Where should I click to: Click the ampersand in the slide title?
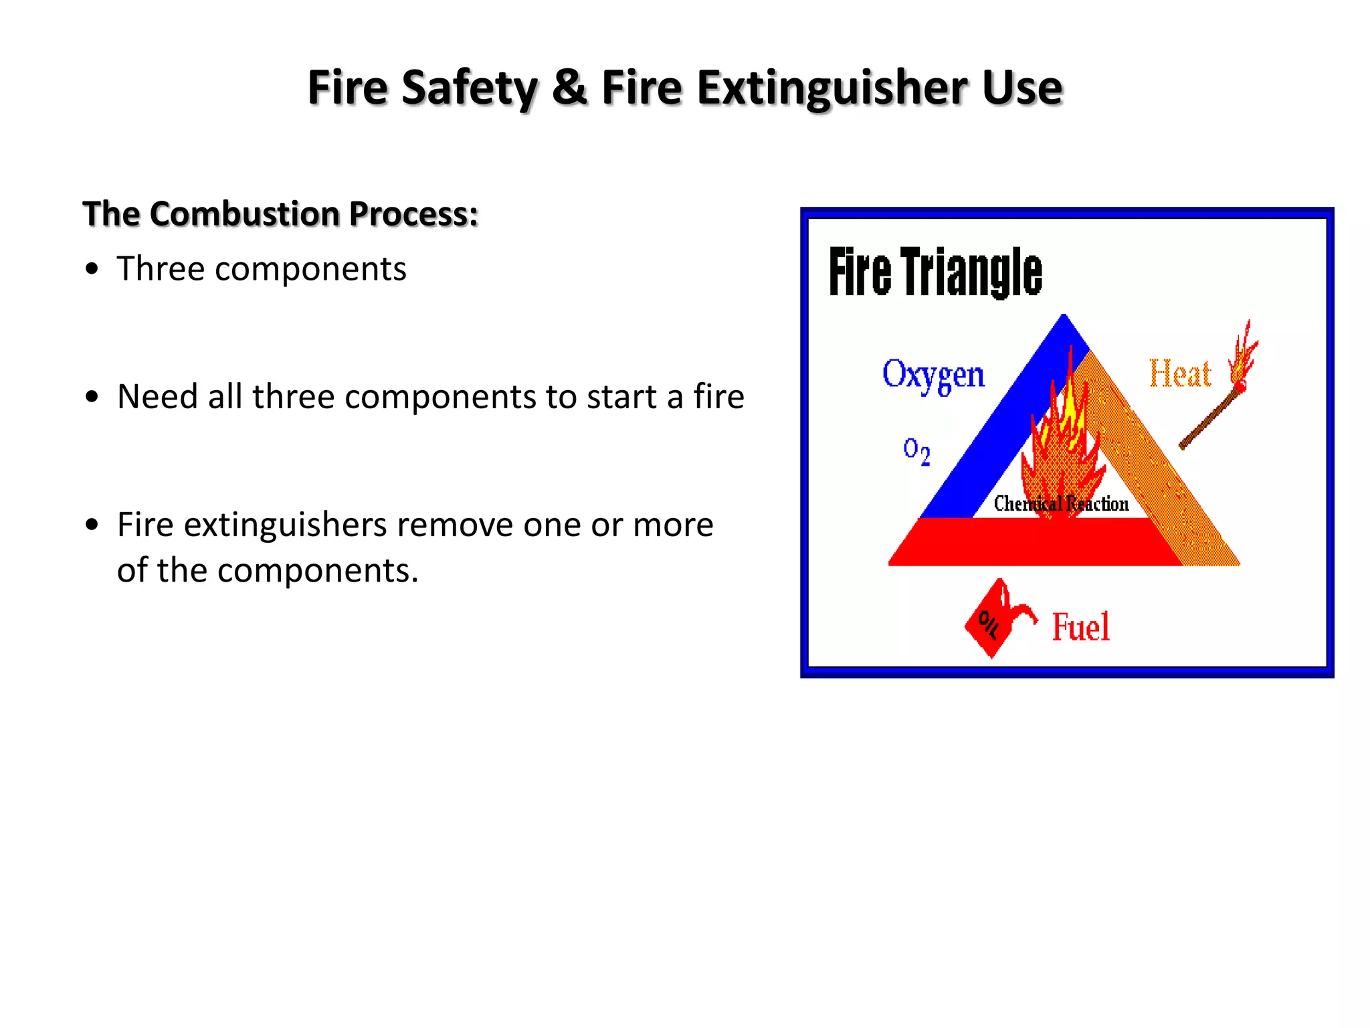pos(569,88)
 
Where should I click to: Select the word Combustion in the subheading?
pos(246,214)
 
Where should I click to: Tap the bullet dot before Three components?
pos(93,269)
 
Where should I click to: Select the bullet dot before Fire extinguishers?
pos(93,525)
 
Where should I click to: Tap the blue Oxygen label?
pos(933,375)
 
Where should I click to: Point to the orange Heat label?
pos(1180,373)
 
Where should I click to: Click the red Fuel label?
pos(1080,627)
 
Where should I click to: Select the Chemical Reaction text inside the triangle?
pos(1061,504)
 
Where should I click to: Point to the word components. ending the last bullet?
pos(317,571)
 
